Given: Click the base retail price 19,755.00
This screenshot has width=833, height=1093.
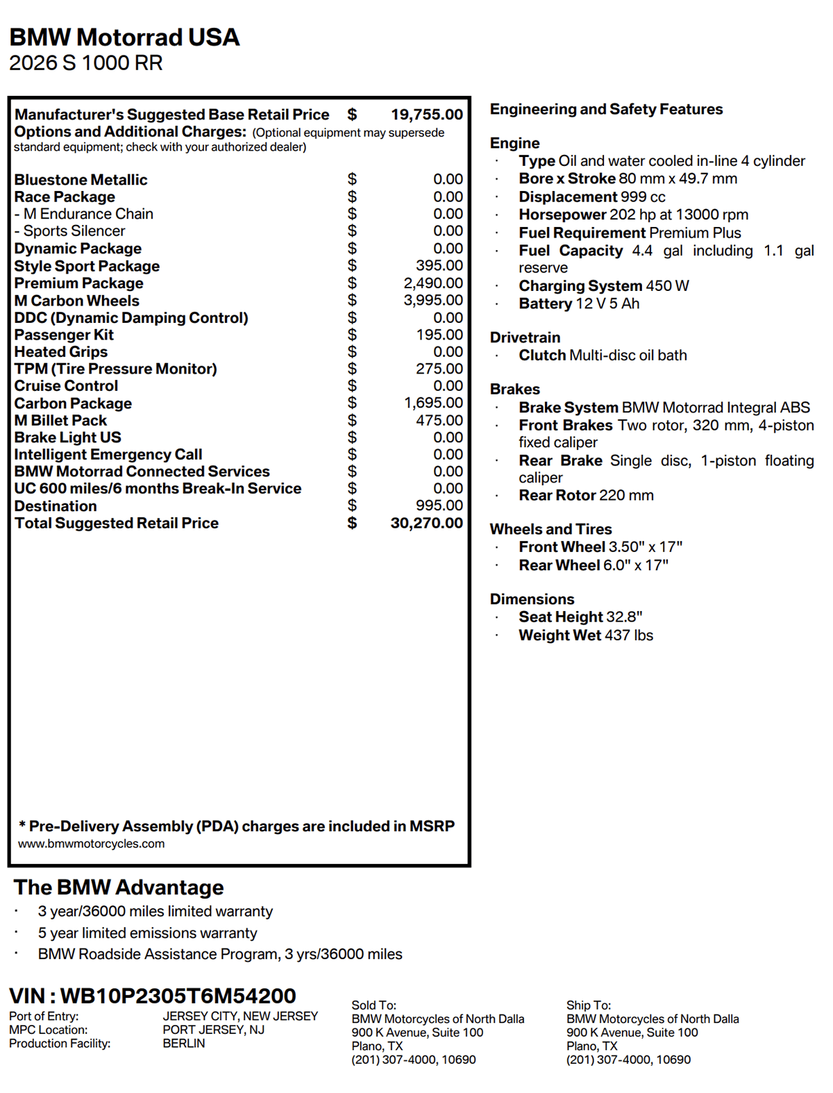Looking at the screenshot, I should click(x=426, y=115).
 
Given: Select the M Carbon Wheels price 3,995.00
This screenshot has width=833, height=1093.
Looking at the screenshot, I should click(x=433, y=300).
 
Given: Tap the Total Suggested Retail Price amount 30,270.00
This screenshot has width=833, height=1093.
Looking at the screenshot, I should click(x=426, y=523).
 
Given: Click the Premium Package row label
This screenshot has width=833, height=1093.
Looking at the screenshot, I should click(x=78, y=283).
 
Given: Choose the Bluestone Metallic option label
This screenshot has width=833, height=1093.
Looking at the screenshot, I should click(x=81, y=180).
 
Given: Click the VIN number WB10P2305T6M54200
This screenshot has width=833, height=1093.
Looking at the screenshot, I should click(x=178, y=996).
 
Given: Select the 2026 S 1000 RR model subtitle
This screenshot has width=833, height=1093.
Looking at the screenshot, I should click(x=86, y=63).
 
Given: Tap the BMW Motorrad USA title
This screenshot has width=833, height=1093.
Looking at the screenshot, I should click(x=124, y=37).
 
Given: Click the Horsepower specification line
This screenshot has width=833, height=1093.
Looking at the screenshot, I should click(x=633, y=215).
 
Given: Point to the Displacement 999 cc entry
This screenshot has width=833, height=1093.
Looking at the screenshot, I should click(x=591, y=197).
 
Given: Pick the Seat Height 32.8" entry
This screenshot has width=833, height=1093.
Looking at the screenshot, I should click(x=580, y=617).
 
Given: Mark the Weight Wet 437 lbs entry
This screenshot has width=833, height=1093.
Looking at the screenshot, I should click(x=586, y=635).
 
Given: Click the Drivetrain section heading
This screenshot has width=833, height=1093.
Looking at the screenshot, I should click(x=525, y=337).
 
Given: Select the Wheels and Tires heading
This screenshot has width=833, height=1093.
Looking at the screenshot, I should click(x=550, y=529).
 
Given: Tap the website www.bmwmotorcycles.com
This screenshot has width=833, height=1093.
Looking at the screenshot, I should click(x=92, y=844).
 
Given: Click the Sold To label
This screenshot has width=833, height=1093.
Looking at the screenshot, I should click(x=373, y=1005).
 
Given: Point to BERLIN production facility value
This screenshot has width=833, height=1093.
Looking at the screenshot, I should click(x=184, y=1043).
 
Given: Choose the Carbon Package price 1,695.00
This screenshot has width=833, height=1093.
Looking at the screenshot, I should click(x=433, y=403).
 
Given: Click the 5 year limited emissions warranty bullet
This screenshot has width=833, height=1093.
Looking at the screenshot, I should click(x=147, y=933).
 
